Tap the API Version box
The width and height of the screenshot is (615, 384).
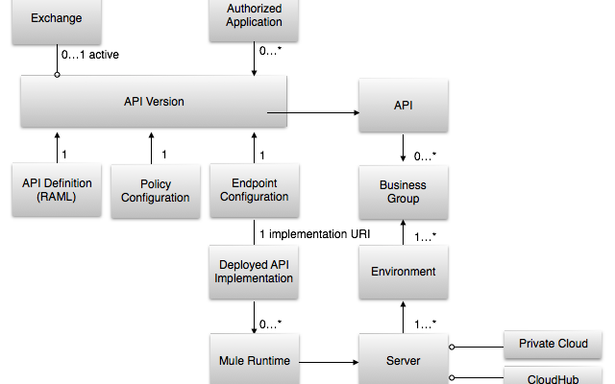point(154,102)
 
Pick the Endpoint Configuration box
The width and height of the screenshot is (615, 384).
point(254,190)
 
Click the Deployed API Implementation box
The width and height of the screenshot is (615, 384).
point(254,272)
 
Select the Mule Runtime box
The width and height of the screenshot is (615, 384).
point(254,362)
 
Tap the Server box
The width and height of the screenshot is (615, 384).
point(403,362)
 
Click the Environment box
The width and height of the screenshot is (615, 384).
point(403,272)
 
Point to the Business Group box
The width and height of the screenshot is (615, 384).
point(403,192)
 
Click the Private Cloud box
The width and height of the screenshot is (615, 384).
point(553,344)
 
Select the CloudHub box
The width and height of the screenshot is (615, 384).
point(553,377)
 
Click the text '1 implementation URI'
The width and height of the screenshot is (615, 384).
point(313,233)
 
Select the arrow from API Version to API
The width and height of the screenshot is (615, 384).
point(313,113)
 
